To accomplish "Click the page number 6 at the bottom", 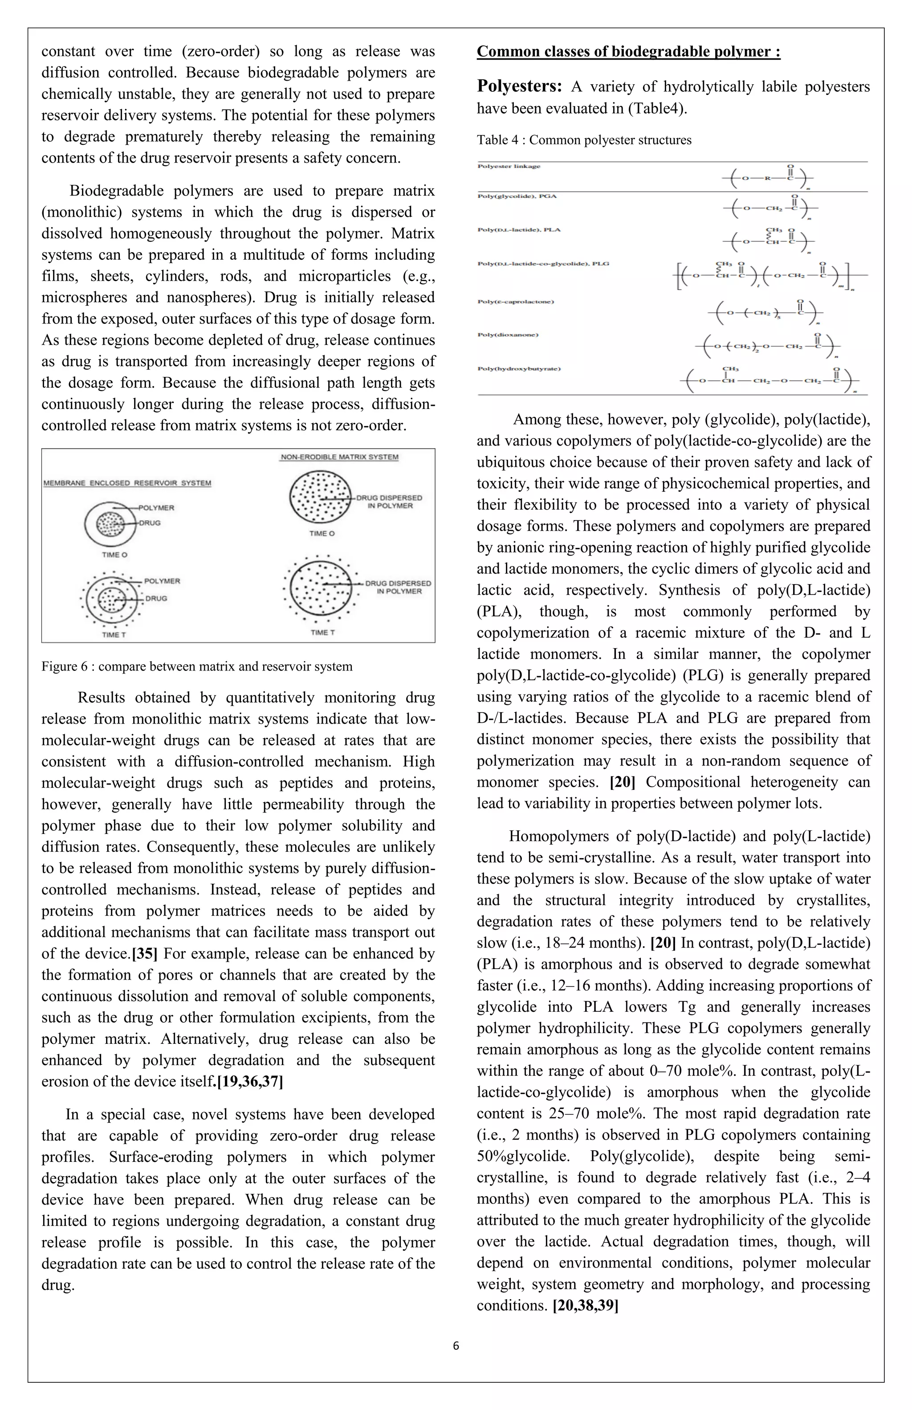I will point(456,1345).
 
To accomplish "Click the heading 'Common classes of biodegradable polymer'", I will point(628,52).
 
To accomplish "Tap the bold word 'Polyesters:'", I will point(519,86).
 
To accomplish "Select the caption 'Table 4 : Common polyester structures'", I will point(584,140).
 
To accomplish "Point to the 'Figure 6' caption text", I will point(197,666).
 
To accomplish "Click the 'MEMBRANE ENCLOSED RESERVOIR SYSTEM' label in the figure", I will point(127,483).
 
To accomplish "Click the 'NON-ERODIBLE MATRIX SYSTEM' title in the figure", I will point(339,457).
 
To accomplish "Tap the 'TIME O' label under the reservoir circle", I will point(114,555).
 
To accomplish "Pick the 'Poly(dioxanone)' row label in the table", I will point(508,335).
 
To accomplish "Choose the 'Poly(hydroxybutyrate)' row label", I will point(519,368).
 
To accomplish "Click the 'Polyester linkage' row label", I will point(509,167).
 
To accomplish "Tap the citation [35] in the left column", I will point(144,954).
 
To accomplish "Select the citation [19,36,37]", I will point(249,1082).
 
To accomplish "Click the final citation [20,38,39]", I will point(585,1306).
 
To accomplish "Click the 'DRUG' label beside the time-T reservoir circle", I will point(156,598).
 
